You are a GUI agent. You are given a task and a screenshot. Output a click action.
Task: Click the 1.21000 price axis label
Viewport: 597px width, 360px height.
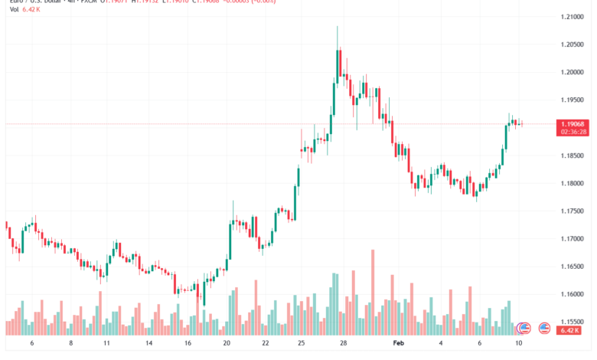point(573,16)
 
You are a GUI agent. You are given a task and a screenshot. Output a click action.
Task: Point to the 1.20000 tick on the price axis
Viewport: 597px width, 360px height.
point(573,72)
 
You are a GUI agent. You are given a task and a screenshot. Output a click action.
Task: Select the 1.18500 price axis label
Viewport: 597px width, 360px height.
point(573,155)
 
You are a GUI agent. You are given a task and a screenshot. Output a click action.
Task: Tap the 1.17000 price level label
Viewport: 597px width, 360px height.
point(573,238)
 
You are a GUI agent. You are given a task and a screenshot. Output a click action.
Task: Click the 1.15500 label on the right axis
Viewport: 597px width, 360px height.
point(573,322)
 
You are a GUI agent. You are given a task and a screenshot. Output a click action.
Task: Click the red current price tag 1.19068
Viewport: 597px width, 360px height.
point(573,123)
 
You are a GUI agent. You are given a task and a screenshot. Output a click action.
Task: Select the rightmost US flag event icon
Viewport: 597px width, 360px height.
point(545,327)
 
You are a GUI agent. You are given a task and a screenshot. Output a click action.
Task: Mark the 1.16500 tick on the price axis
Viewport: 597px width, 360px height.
point(573,267)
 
